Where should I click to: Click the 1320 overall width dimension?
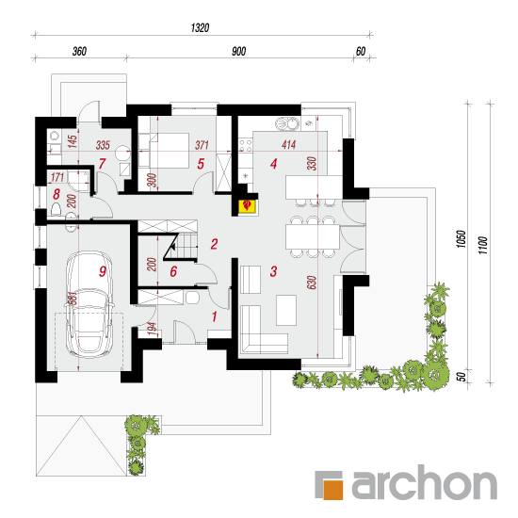(201, 27)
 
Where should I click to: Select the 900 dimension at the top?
(238, 52)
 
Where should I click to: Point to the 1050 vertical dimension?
(461, 239)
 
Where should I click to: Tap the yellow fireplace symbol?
(247, 206)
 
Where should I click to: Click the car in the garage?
(89, 304)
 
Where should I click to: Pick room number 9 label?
(103, 271)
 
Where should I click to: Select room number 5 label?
(201, 164)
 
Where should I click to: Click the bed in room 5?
(164, 151)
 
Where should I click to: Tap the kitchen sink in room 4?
(286, 123)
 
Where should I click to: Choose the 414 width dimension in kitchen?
(289, 145)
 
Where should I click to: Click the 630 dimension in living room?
(312, 283)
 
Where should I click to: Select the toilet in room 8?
(57, 209)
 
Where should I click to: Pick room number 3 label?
(273, 271)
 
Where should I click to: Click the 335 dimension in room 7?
(103, 145)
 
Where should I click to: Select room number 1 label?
(215, 316)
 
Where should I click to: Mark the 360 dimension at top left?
(79, 52)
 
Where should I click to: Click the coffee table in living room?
(286, 310)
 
